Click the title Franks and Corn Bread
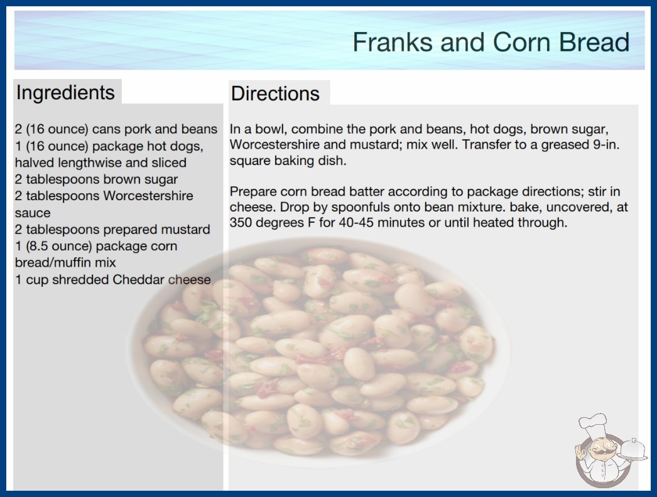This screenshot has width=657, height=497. tap(491, 42)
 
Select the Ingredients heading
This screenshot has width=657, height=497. tap(65, 92)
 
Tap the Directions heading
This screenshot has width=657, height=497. tap(275, 94)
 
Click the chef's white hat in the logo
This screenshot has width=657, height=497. tap(593, 426)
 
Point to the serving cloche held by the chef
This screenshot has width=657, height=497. tap(633, 449)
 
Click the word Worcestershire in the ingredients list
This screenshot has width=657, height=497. tap(148, 196)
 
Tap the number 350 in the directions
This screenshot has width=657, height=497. tap(241, 222)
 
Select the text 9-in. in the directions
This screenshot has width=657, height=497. tap(606, 145)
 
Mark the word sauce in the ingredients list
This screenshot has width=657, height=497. tap(33, 213)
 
